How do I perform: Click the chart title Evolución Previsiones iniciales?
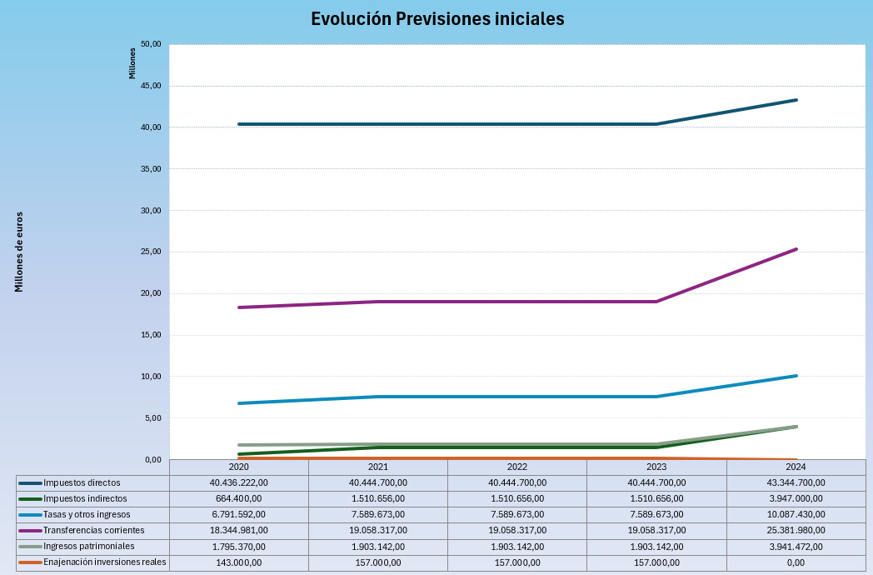437,19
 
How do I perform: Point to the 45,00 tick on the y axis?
151,86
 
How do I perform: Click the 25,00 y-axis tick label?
151,252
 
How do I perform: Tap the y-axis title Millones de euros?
19,252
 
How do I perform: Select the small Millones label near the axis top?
132,63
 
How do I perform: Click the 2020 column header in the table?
238,467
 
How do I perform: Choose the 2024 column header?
796,467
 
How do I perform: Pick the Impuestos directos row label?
82,483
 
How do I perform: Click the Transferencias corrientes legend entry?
93,531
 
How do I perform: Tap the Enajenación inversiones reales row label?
104,562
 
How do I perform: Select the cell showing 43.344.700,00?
796,483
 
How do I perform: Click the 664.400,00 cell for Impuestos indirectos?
238,499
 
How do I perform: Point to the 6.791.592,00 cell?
238,515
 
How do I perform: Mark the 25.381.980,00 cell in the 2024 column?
796,531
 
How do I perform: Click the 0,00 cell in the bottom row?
796,562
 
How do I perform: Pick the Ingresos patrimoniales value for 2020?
238,547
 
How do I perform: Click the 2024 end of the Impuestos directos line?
796,100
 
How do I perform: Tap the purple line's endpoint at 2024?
796,249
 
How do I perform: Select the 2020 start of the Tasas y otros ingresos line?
239,403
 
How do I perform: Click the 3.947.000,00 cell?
796,499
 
